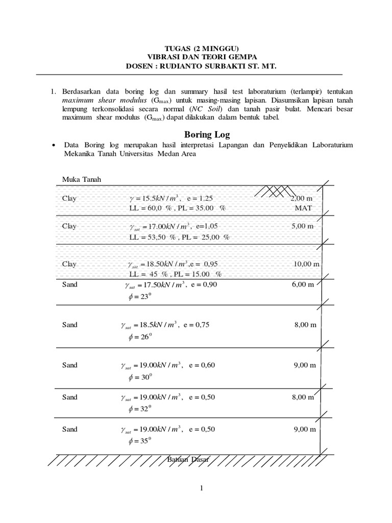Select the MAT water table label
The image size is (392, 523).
[303, 208]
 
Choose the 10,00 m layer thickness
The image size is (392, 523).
[306, 264]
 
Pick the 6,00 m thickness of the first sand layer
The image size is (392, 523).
[303, 284]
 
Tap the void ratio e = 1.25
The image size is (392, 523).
[200, 198]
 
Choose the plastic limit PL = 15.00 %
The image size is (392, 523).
[203, 274]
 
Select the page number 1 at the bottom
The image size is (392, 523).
[202, 488]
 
